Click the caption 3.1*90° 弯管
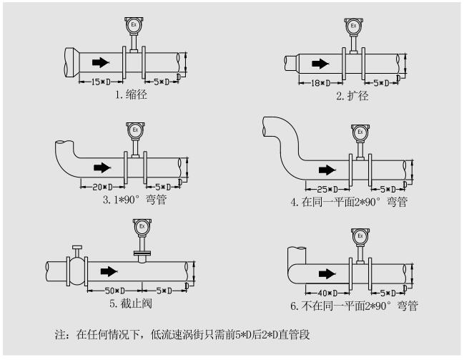coord(134,200)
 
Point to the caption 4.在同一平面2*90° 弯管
coord(349,203)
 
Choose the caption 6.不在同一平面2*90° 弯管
coord(354,306)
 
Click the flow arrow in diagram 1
coord(100,61)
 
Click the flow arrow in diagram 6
coord(327,273)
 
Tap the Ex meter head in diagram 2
coord(352,27)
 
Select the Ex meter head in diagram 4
coord(360,132)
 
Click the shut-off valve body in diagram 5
coord(75,271)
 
